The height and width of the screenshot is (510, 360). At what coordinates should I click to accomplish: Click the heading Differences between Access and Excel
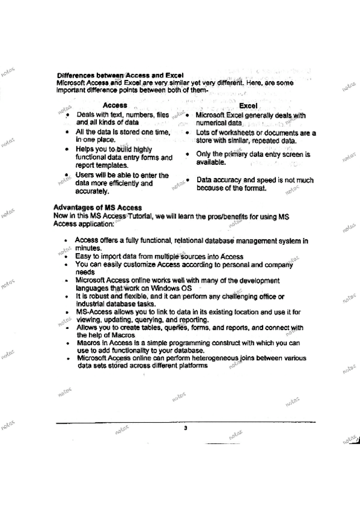[x=111, y=75]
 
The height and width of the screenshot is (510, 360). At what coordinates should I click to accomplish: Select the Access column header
[x=115, y=105]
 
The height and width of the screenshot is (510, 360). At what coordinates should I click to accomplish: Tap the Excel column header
[x=248, y=105]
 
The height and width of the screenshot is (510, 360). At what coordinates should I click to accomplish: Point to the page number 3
[x=186, y=428]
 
